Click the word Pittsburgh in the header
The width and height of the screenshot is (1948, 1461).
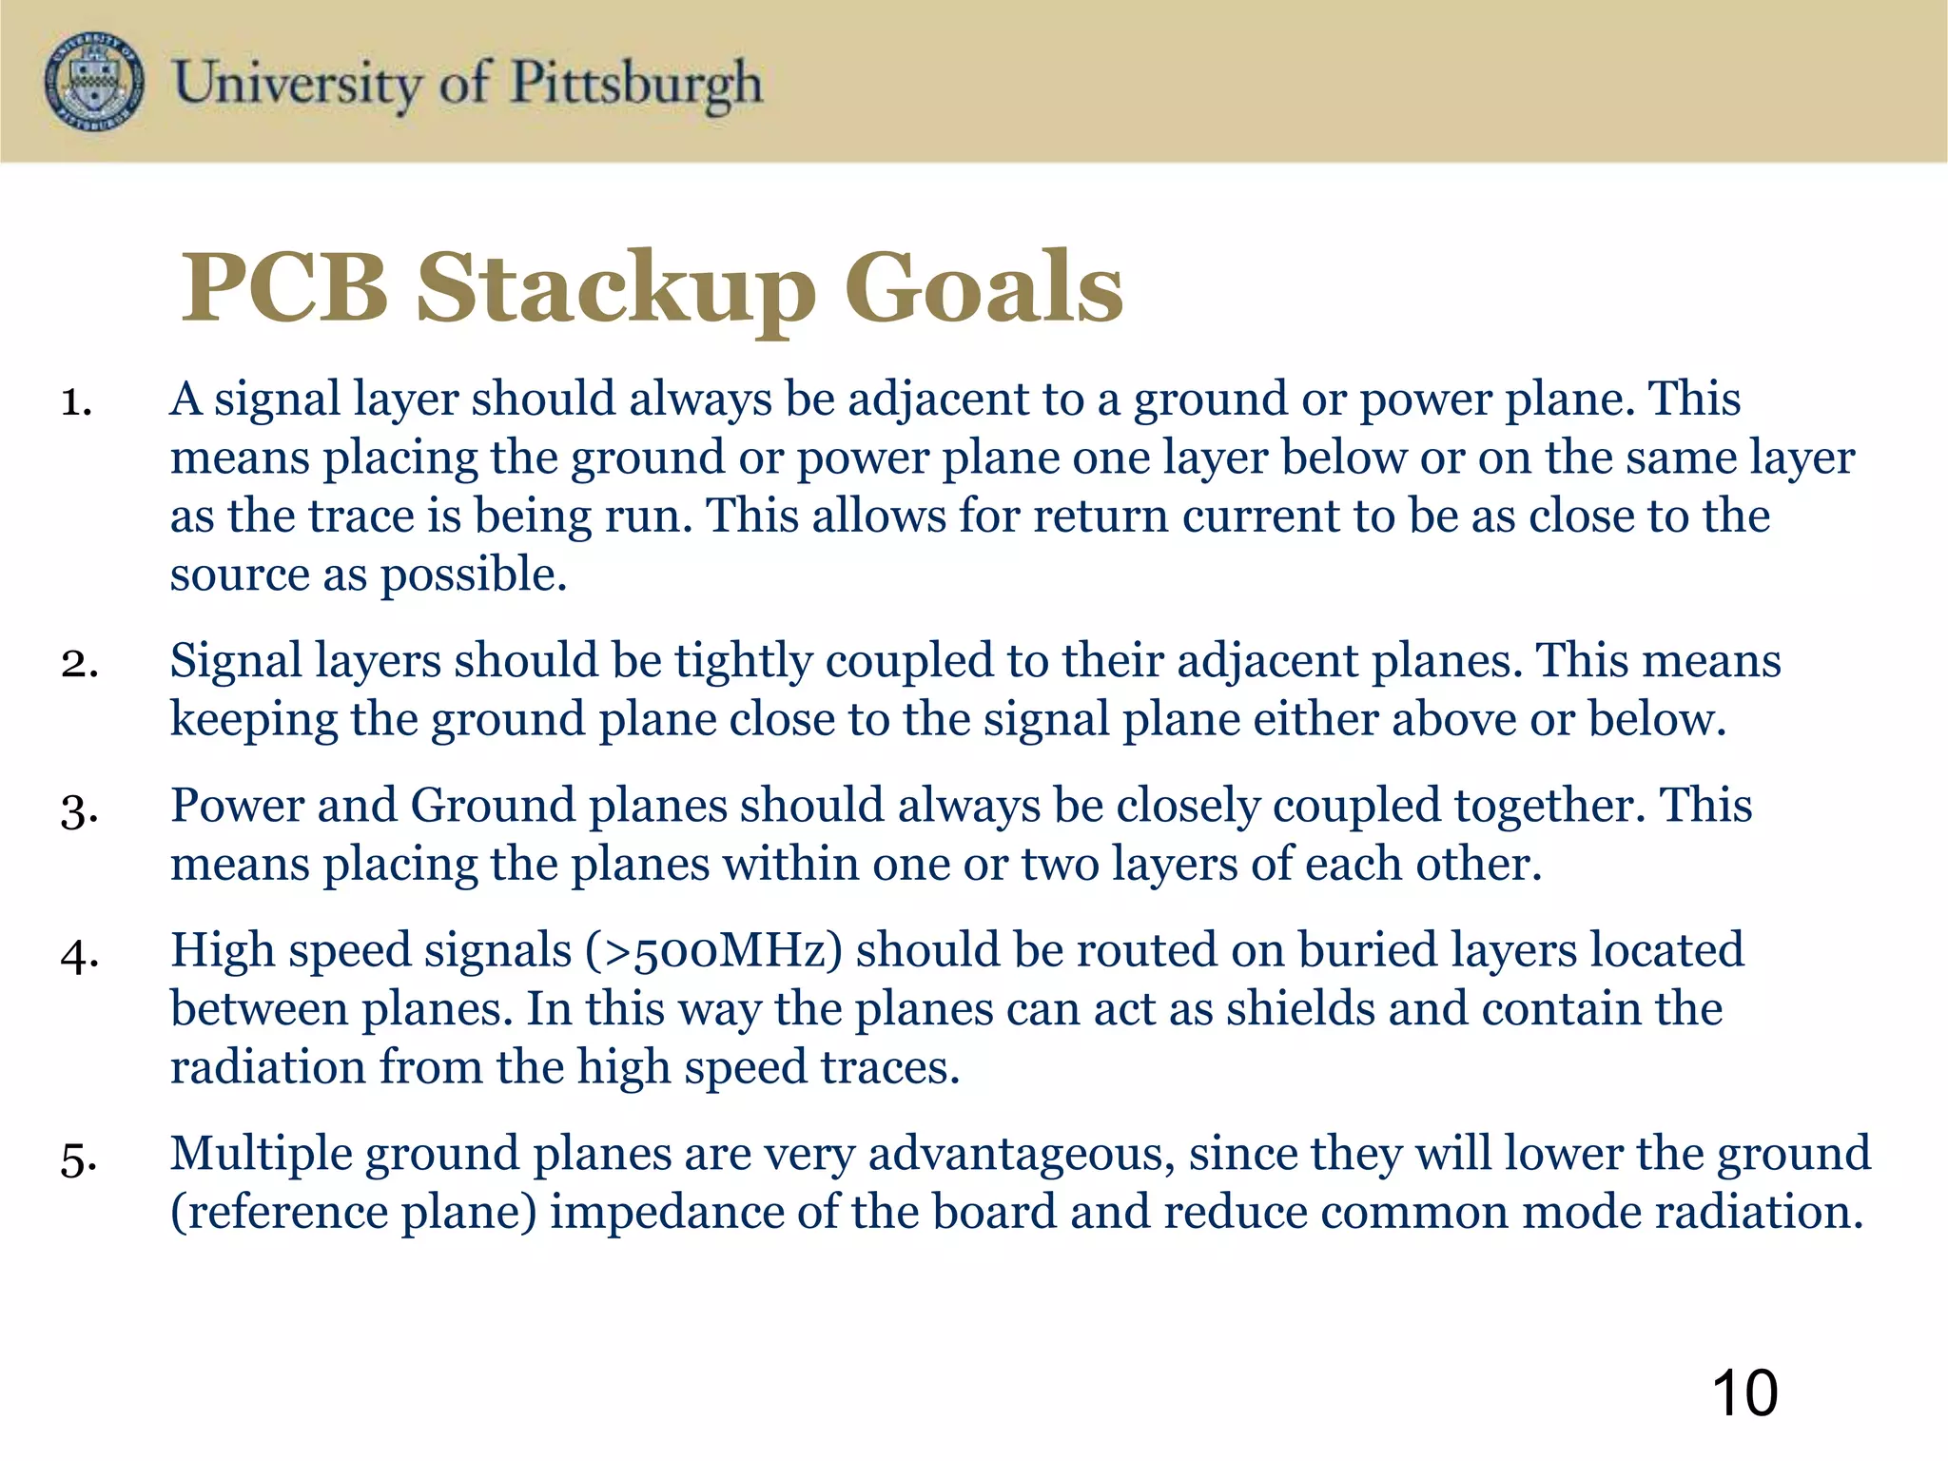pos(636,84)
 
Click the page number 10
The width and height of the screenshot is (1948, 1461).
pos(1744,1393)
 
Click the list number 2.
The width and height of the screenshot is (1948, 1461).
pos(79,663)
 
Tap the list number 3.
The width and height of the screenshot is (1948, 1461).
pos(79,810)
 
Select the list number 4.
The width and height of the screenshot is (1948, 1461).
pos(79,955)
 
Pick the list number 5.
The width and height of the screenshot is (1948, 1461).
pos(79,1159)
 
